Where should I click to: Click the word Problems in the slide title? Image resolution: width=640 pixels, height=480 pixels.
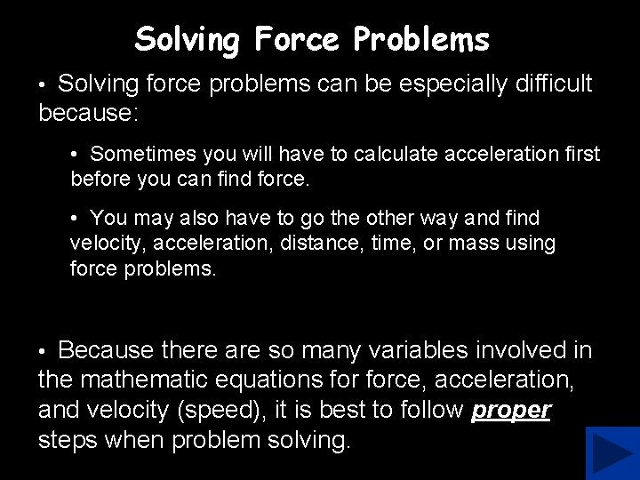[x=421, y=39]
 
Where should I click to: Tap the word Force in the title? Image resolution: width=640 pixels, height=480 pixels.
[x=296, y=39]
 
